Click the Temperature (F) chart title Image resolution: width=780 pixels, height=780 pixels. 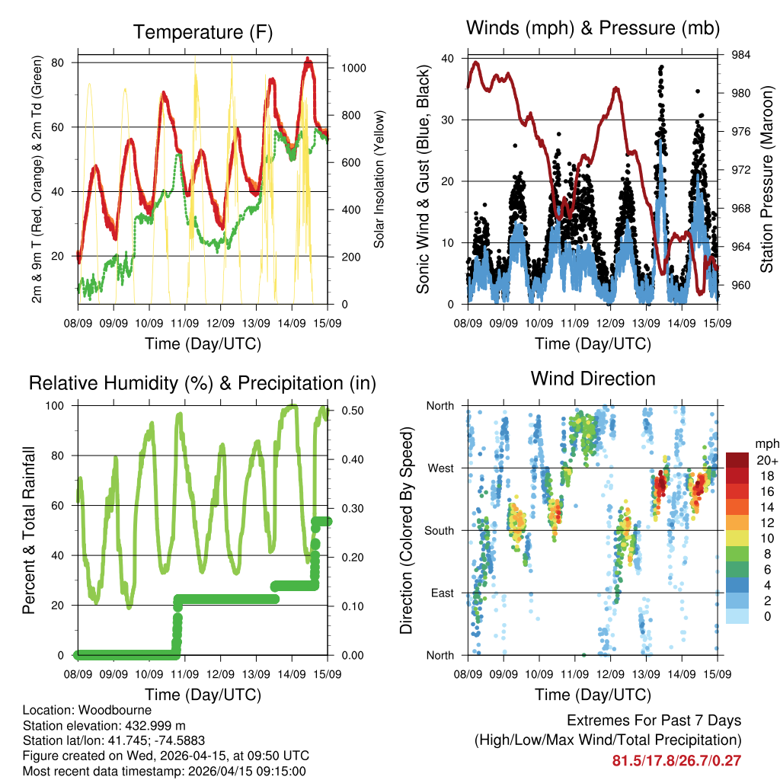pyautogui.click(x=203, y=32)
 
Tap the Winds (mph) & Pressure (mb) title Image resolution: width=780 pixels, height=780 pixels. pyautogui.click(x=593, y=28)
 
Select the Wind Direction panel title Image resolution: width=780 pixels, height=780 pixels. pyautogui.click(x=593, y=378)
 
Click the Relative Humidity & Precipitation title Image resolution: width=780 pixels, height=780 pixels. pyautogui.click(x=203, y=382)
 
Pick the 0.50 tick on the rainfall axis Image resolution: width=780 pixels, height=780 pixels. pyautogui.click(x=347, y=411)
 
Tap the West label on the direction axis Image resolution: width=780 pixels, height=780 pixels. pyautogui.click(x=440, y=468)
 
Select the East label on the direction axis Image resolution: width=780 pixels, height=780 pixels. pyautogui.click(x=442, y=593)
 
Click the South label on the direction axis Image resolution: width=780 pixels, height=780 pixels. pyautogui.click(x=439, y=531)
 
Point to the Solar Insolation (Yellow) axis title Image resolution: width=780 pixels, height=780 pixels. pyautogui.click(x=379, y=180)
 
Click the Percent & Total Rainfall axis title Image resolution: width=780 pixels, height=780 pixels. pyautogui.click(x=28, y=531)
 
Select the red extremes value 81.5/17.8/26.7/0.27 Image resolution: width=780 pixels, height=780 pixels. pyautogui.click(x=676, y=759)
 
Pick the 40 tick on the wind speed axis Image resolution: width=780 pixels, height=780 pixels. pyautogui.click(x=448, y=59)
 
